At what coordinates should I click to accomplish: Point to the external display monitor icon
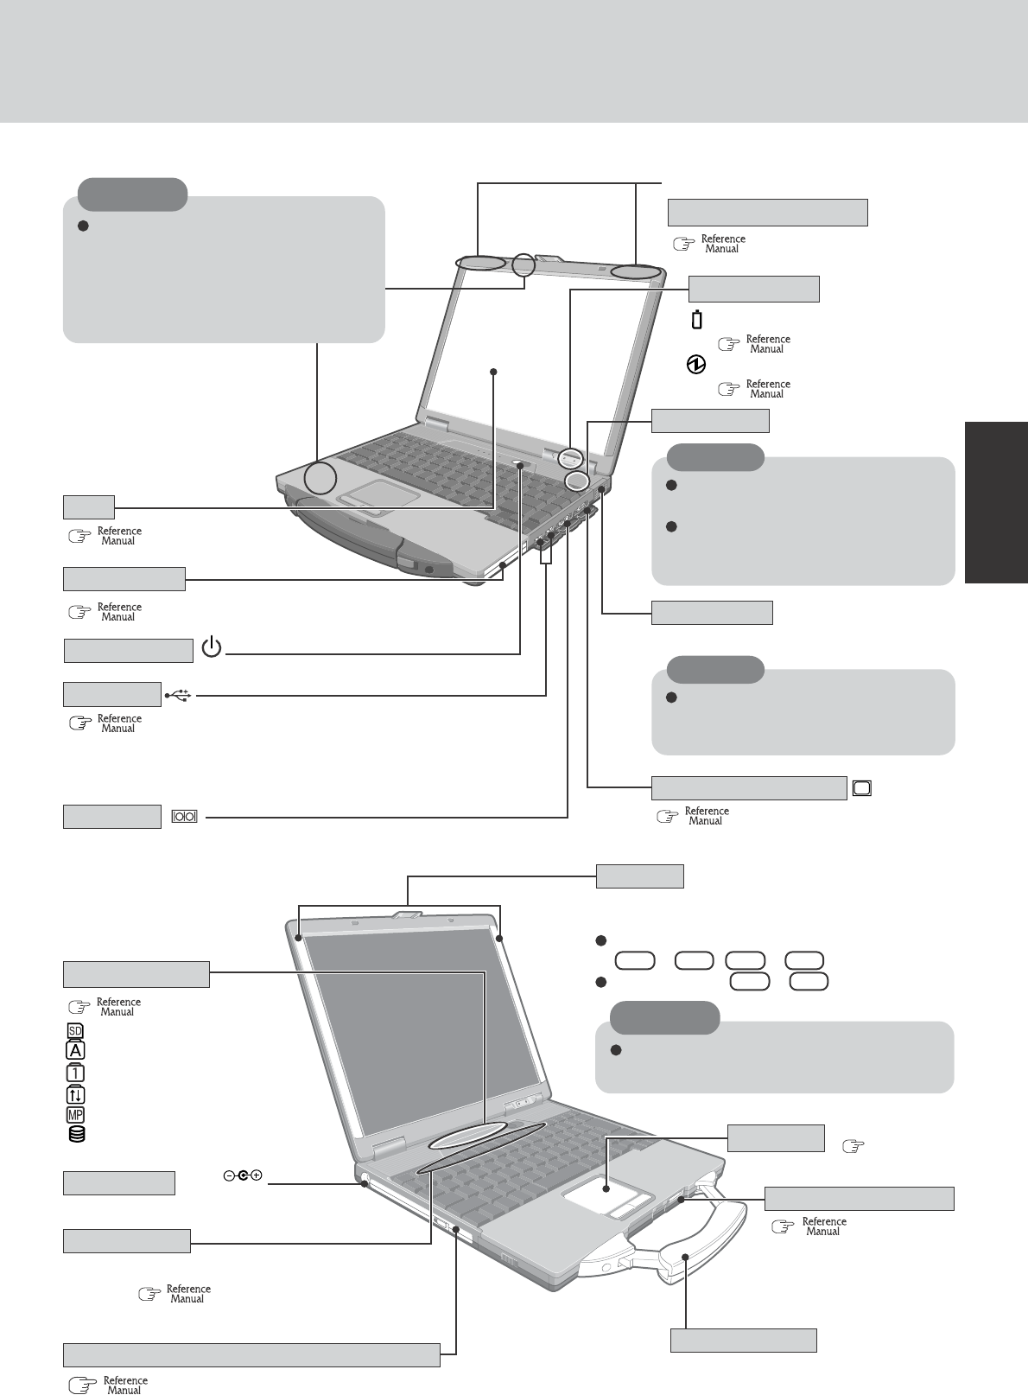pos(862,787)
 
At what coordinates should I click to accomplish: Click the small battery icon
pos(697,320)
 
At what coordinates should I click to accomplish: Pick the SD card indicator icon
pos(75,1031)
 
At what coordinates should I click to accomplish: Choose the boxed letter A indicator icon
pos(75,1051)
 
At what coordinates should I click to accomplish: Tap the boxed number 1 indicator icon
pos(75,1072)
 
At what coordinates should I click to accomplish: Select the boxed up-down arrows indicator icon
pos(75,1093)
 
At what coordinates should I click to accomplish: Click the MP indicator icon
pos(75,1115)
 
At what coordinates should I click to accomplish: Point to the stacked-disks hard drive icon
pos(76,1135)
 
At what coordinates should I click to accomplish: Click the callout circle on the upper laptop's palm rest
pos(320,477)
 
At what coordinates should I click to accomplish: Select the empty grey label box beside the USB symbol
pos(111,694)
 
